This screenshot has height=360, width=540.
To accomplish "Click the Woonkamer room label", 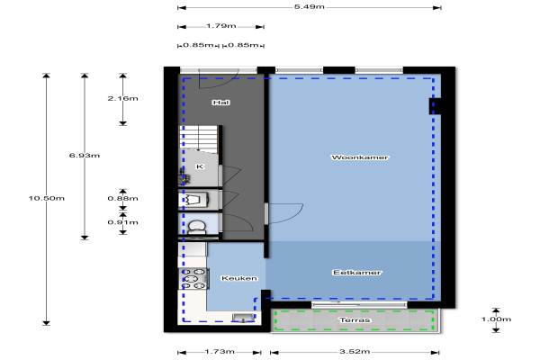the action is [359, 157].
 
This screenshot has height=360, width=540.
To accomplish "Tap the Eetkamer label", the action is [356, 273].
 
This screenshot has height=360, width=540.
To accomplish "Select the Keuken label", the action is [239, 278].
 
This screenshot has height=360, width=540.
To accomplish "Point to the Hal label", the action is [220, 103].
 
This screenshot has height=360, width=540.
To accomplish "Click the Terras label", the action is [355, 320].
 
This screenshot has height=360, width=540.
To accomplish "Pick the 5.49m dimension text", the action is [310, 7].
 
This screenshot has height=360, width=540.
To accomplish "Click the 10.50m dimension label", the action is [47, 198].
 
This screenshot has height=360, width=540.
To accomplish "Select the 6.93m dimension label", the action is [85, 156].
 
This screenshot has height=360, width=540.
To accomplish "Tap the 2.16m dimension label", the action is [123, 98].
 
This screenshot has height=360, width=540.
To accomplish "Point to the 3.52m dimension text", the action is [355, 351].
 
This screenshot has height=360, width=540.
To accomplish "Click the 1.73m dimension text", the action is [220, 351].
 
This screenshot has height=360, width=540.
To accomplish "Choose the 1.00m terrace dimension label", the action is [496, 319].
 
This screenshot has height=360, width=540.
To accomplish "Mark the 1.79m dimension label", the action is [221, 26].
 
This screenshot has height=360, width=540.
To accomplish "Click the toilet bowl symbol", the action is [197, 228].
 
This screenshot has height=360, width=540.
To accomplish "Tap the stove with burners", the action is [193, 278].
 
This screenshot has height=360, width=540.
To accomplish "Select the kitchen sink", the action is [243, 318].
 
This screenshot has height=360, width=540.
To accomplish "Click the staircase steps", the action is [198, 138].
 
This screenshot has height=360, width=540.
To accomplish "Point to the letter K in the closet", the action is [200, 166].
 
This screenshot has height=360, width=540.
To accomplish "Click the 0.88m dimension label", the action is [123, 198].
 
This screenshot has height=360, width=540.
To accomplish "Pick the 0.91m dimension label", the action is [123, 222].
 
